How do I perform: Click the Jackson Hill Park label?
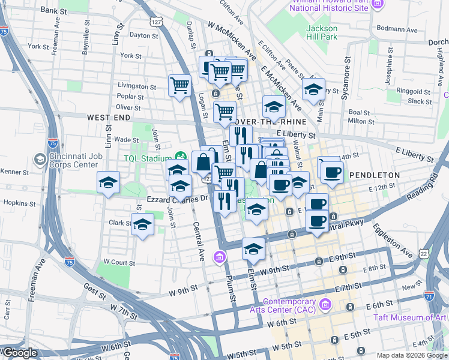322,32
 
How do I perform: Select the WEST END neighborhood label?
109,118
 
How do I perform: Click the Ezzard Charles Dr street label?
178,198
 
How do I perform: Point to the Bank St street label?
54,11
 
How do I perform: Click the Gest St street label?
95,287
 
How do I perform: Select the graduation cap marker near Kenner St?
108,182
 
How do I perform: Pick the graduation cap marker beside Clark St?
143,224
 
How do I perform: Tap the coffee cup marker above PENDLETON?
331,173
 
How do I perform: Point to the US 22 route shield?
425,254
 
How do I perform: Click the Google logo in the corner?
19,353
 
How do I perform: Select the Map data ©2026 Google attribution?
412,355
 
